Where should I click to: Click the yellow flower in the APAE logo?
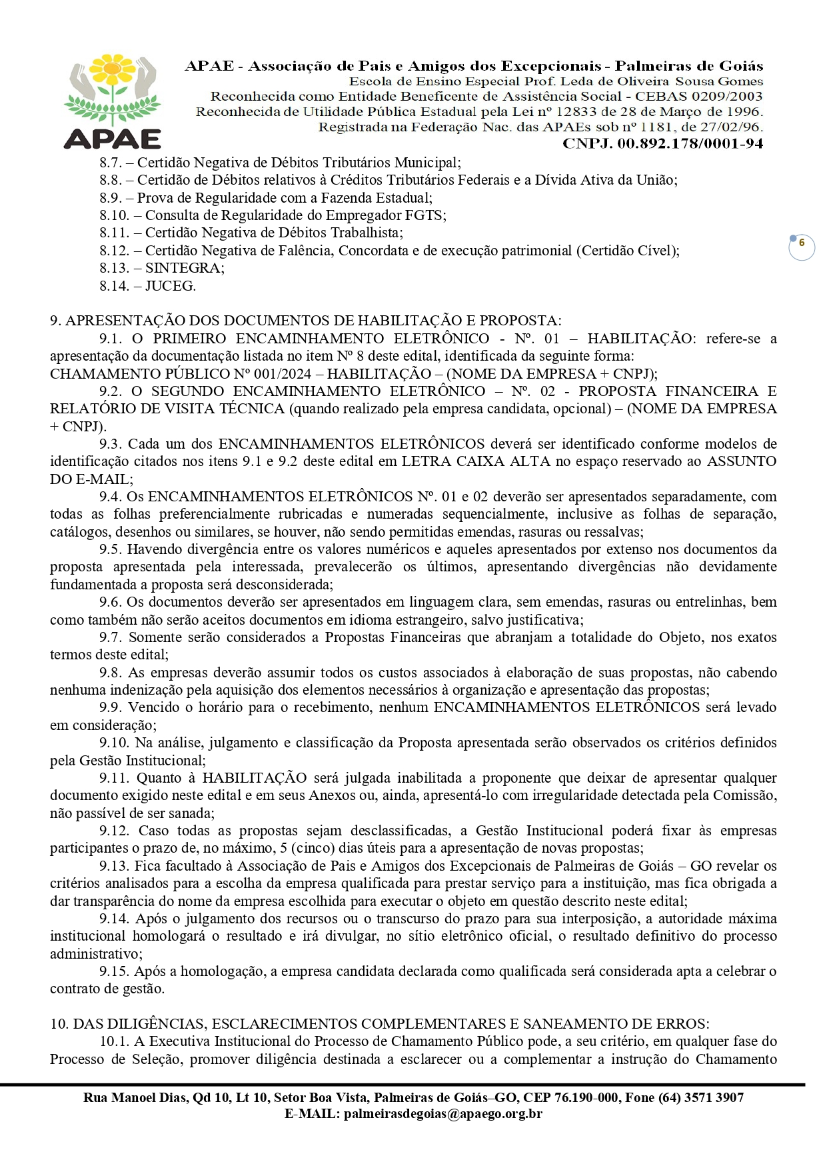113,69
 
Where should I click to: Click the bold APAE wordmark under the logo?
113,138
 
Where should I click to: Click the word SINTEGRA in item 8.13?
184,268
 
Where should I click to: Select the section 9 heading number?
55,321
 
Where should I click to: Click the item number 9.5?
111,549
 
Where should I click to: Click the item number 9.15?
114,971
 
